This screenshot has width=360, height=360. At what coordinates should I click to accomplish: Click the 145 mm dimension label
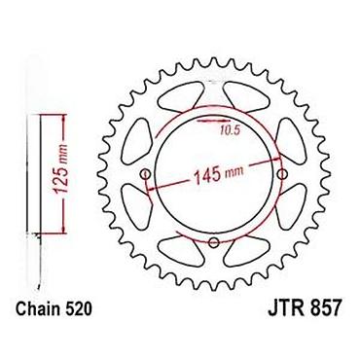tap(218, 175)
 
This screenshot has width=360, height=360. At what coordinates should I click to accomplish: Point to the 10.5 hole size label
tap(230, 130)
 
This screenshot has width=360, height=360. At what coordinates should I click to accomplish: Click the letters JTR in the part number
tap(286, 309)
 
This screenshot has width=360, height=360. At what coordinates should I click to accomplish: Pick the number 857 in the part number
tap(325, 309)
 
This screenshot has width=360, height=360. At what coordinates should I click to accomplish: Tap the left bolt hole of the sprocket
tap(145, 174)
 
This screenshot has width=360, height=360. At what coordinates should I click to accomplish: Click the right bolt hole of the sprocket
tap(283, 174)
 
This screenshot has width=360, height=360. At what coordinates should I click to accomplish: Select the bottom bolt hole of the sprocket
tap(214, 242)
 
